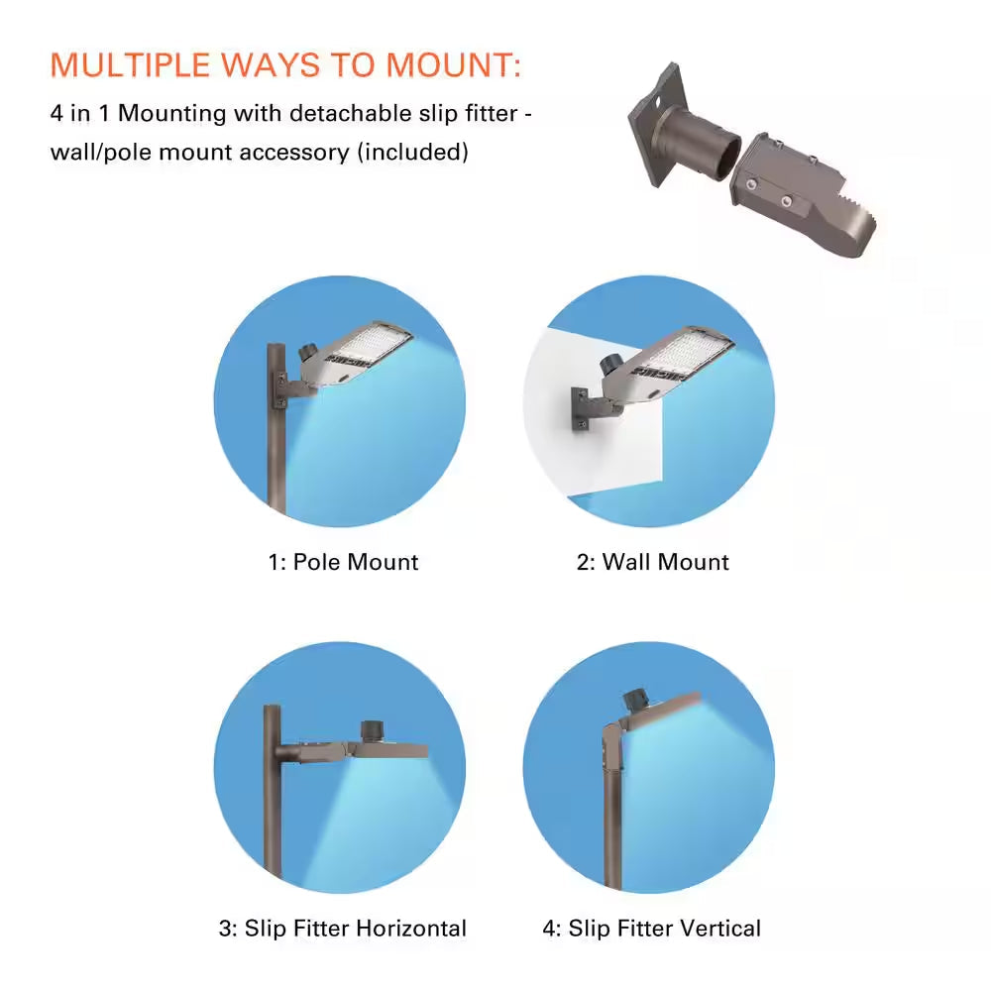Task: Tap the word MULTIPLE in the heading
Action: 130,64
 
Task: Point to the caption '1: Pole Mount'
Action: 343,562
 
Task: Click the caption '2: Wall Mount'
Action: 653,562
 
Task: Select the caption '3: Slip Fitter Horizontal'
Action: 343,929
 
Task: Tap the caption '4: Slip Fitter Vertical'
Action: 652,929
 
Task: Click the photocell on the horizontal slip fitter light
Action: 371,730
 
